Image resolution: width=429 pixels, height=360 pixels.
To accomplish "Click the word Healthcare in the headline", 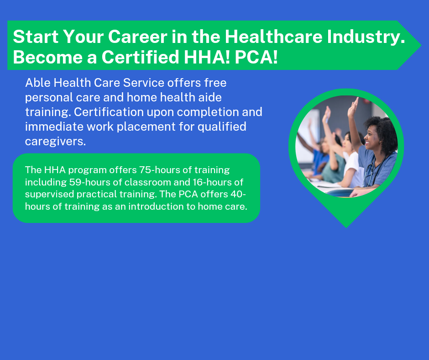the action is [x=273, y=36].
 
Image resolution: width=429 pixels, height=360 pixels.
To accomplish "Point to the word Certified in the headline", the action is [x=140, y=57].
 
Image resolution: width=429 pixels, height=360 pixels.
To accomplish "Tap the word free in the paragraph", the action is [x=215, y=83].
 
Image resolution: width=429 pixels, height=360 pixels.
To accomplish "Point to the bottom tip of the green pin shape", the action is [x=346, y=228].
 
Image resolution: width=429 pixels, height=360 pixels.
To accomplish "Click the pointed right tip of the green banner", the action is [x=421, y=45].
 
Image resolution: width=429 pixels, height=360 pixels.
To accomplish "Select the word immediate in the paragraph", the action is [x=54, y=127].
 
